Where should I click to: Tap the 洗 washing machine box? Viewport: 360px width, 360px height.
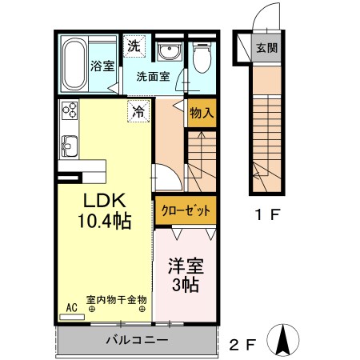click(x=135, y=46)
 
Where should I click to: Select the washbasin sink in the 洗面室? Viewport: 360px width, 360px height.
click(x=169, y=53)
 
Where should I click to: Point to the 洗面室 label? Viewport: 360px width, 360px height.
click(x=152, y=78)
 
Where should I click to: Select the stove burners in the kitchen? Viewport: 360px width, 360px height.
click(x=68, y=113)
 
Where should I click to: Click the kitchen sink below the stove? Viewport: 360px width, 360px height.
click(x=69, y=146)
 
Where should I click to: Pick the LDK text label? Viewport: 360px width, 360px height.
click(x=102, y=201)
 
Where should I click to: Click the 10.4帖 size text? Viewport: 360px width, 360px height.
click(x=104, y=220)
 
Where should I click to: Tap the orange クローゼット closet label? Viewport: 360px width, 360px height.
click(x=186, y=211)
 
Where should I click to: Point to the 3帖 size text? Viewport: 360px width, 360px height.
click(x=184, y=285)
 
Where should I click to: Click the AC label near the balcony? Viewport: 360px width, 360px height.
click(x=71, y=306)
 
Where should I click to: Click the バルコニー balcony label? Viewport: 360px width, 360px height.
click(x=136, y=340)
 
